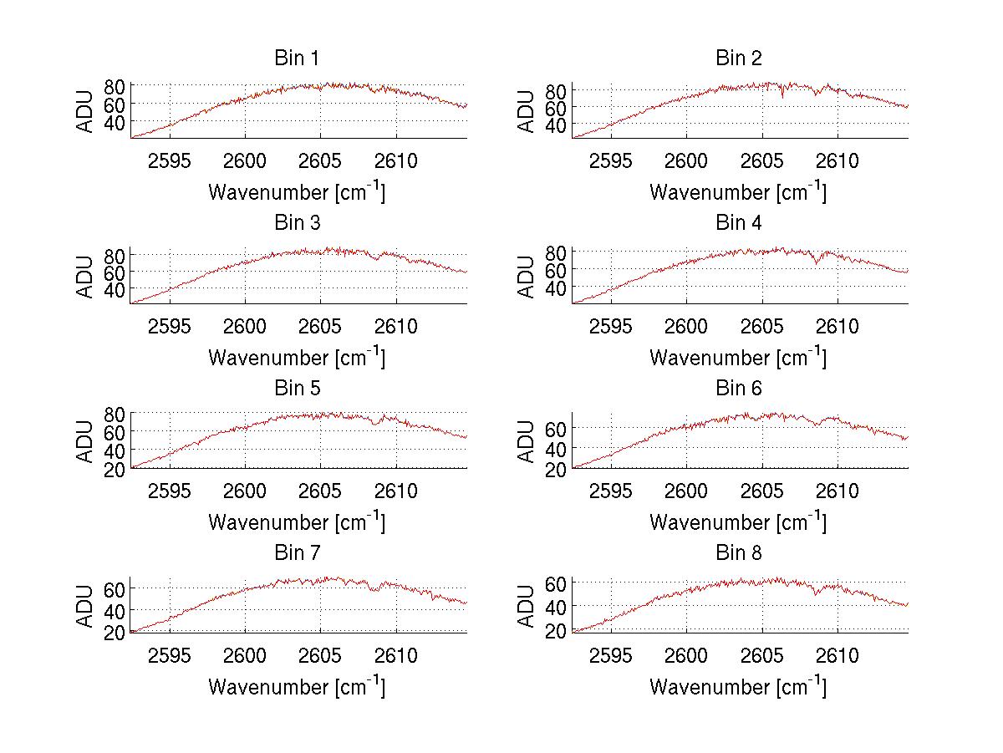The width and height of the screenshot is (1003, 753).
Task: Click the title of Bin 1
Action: click(x=296, y=59)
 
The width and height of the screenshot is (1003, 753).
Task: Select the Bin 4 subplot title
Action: click(x=738, y=223)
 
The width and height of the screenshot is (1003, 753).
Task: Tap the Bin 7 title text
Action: click(x=296, y=553)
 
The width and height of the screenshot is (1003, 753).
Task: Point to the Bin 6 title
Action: click(x=738, y=389)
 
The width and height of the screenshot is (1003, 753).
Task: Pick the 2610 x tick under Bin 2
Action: click(x=837, y=161)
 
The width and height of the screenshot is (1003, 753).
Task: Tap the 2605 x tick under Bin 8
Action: click(x=761, y=656)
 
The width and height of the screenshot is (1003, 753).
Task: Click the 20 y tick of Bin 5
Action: click(x=115, y=470)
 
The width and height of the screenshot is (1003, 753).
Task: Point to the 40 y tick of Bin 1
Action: click(x=115, y=122)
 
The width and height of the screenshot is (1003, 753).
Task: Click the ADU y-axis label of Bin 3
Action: click(x=85, y=277)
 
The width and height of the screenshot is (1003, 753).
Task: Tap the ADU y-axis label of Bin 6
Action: click(x=527, y=442)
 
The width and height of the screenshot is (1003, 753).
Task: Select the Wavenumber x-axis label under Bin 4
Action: click(x=738, y=358)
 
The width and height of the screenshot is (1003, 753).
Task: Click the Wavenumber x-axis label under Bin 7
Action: click(x=296, y=687)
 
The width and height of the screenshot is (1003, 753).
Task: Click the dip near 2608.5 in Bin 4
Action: click(x=816, y=263)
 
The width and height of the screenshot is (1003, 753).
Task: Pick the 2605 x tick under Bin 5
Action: click(x=320, y=491)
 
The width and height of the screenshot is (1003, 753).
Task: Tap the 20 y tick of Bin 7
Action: click(x=115, y=633)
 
